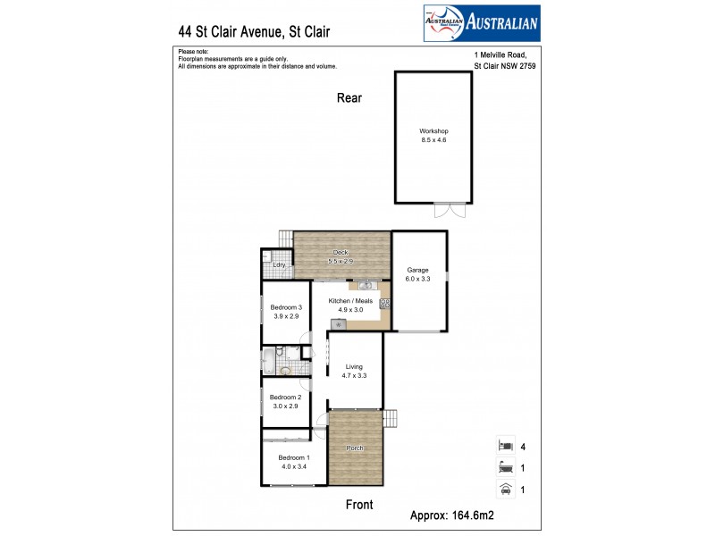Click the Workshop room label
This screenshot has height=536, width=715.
[433, 131]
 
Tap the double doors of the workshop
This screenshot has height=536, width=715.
[450, 211]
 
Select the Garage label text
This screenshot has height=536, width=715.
[418, 270]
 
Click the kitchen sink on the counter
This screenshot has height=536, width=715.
[366, 285]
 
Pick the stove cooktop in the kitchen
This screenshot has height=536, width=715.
[385, 304]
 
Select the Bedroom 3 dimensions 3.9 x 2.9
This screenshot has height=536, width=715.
[287, 317]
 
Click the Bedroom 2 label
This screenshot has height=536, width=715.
[283, 397]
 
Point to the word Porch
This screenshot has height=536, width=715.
[356, 448]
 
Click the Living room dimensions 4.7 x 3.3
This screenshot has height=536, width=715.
[355, 376]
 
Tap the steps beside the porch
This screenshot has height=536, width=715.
[390, 417]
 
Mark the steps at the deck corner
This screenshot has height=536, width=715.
[285, 239]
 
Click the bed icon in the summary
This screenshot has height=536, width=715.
[505, 444]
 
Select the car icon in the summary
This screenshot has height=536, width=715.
[505, 489]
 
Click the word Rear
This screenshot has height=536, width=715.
[349, 98]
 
